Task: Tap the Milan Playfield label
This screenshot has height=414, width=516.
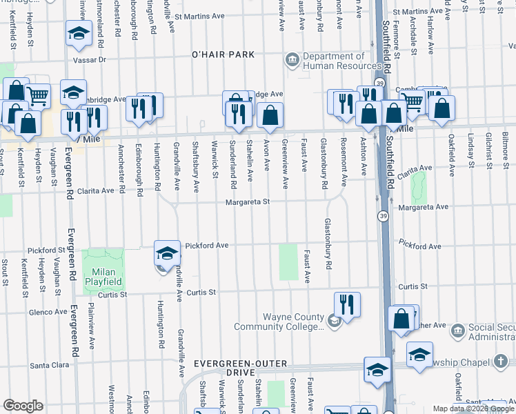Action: pyautogui.click(x=103, y=277)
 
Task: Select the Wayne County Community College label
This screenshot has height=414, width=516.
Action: pyautogui.click(x=279, y=322)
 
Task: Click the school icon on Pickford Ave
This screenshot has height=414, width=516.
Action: pyautogui.click(x=166, y=255)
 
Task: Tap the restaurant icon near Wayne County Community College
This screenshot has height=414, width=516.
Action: pyautogui.click(x=347, y=305)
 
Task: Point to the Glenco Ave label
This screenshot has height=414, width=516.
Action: pyautogui.click(x=48, y=312)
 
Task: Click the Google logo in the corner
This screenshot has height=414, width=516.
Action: pyautogui.click(x=23, y=405)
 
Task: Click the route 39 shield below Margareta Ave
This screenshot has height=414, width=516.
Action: pyautogui.click(x=383, y=217)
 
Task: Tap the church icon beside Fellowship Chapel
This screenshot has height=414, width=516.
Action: pyautogui.click(x=502, y=361)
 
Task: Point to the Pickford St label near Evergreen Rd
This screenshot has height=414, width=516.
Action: pyautogui.click(x=46, y=250)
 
